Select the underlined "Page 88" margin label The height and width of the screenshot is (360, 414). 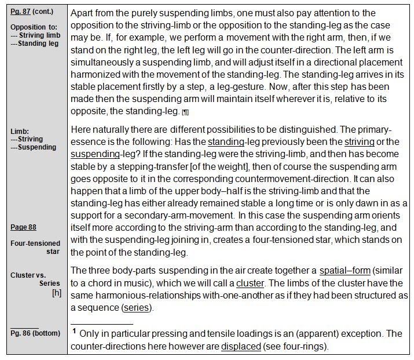point(23,227)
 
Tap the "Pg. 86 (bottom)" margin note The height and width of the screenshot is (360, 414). point(32,336)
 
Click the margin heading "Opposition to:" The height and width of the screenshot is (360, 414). point(35,27)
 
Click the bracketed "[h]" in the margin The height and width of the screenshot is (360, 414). point(57,292)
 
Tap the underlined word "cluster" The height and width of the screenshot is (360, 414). point(250,283)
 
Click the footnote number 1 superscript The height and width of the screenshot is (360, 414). point(75,332)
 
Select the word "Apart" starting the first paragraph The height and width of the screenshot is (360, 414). point(83,13)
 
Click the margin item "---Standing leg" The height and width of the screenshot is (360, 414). point(36,43)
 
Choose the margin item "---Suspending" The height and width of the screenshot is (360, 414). point(33,147)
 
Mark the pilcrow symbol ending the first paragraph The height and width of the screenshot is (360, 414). point(185,111)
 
